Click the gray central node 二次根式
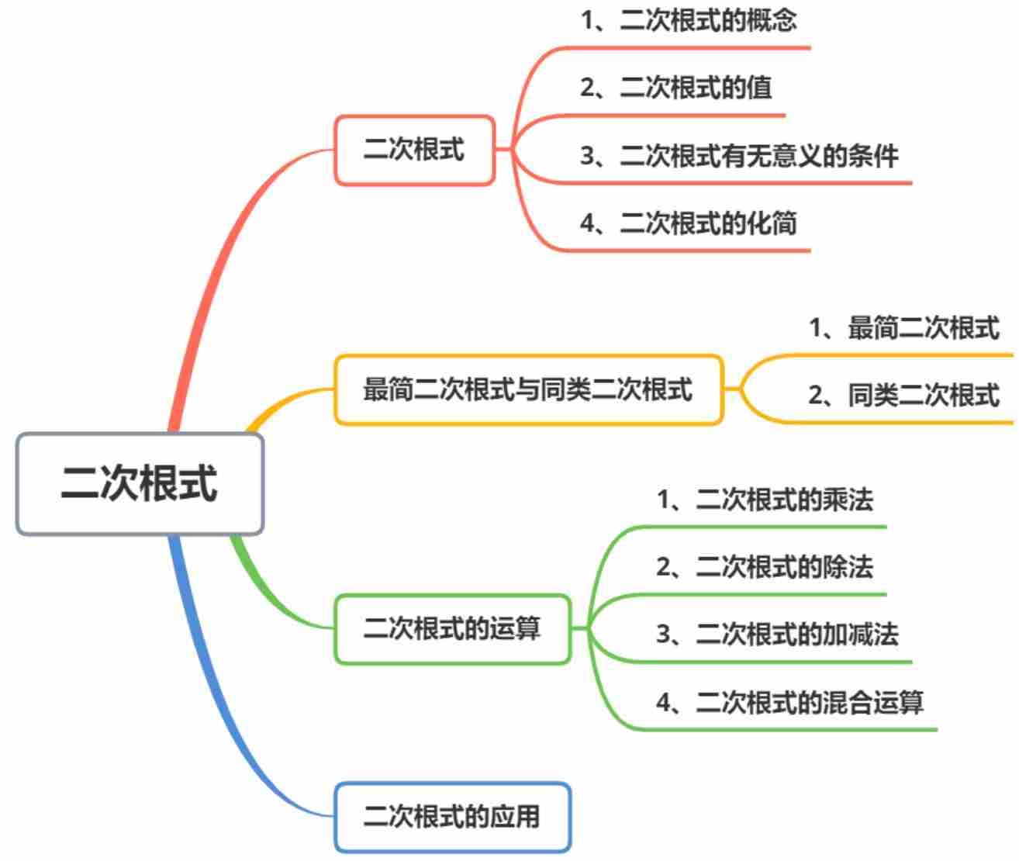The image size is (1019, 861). click(140, 483)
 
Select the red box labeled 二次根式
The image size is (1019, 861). click(414, 150)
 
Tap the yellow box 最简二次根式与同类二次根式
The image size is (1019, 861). click(528, 389)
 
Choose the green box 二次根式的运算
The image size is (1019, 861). click(452, 628)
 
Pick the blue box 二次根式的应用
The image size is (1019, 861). click(452, 817)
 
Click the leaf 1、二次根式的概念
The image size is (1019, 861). click(689, 21)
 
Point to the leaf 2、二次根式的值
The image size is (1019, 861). click(676, 88)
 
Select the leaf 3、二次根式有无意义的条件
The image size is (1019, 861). click(739, 156)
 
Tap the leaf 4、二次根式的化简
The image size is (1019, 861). click(689, 223)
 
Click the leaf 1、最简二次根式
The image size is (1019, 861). click(904, 328)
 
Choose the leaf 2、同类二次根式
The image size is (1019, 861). click(904, 396)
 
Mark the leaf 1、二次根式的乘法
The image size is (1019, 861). click(765, 500)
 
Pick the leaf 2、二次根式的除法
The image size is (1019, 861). click(765, 567)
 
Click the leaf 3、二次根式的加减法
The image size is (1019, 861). click(777, 635)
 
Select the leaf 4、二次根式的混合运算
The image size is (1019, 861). click(789, 703)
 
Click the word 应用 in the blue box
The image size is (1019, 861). click(515, 817)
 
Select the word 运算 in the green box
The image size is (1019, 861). click(515, 628)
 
